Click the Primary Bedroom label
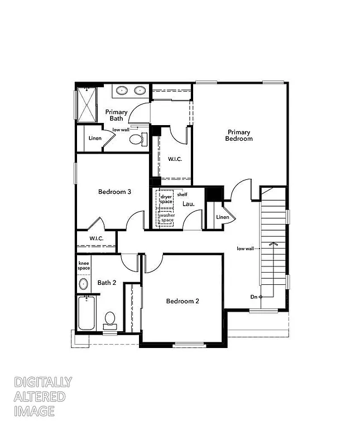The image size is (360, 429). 239,136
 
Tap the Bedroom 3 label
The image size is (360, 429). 114,192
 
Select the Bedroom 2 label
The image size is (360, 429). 183,301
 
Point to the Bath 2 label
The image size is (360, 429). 107,283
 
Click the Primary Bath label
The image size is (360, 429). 117,115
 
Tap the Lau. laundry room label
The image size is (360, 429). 189,204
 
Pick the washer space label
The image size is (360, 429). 167,218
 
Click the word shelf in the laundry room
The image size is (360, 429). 182,194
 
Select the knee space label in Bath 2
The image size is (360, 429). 84,266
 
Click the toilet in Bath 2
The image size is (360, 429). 110,319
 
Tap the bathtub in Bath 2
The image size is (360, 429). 87,313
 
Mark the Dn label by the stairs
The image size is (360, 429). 253,297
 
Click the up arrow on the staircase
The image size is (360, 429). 273,245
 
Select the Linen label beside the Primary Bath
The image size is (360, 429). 95,139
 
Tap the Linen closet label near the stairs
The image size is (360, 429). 222,217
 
